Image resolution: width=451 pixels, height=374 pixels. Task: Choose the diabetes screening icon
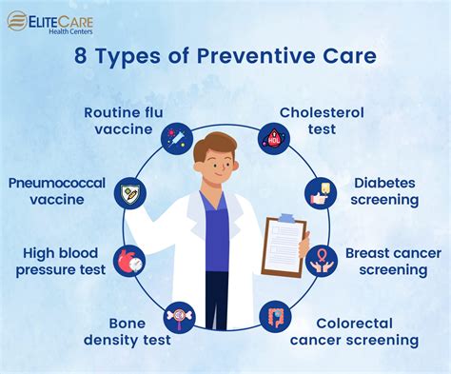click(x=317, y=193)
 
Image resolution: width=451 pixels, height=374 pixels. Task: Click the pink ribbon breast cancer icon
click(x=317, y=260)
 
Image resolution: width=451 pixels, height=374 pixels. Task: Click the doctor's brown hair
click(x=215, y=146)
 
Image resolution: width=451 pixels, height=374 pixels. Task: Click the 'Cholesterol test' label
click(x=322, y=122)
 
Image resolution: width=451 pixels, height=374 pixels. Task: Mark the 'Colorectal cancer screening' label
click(x=367, y=331)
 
